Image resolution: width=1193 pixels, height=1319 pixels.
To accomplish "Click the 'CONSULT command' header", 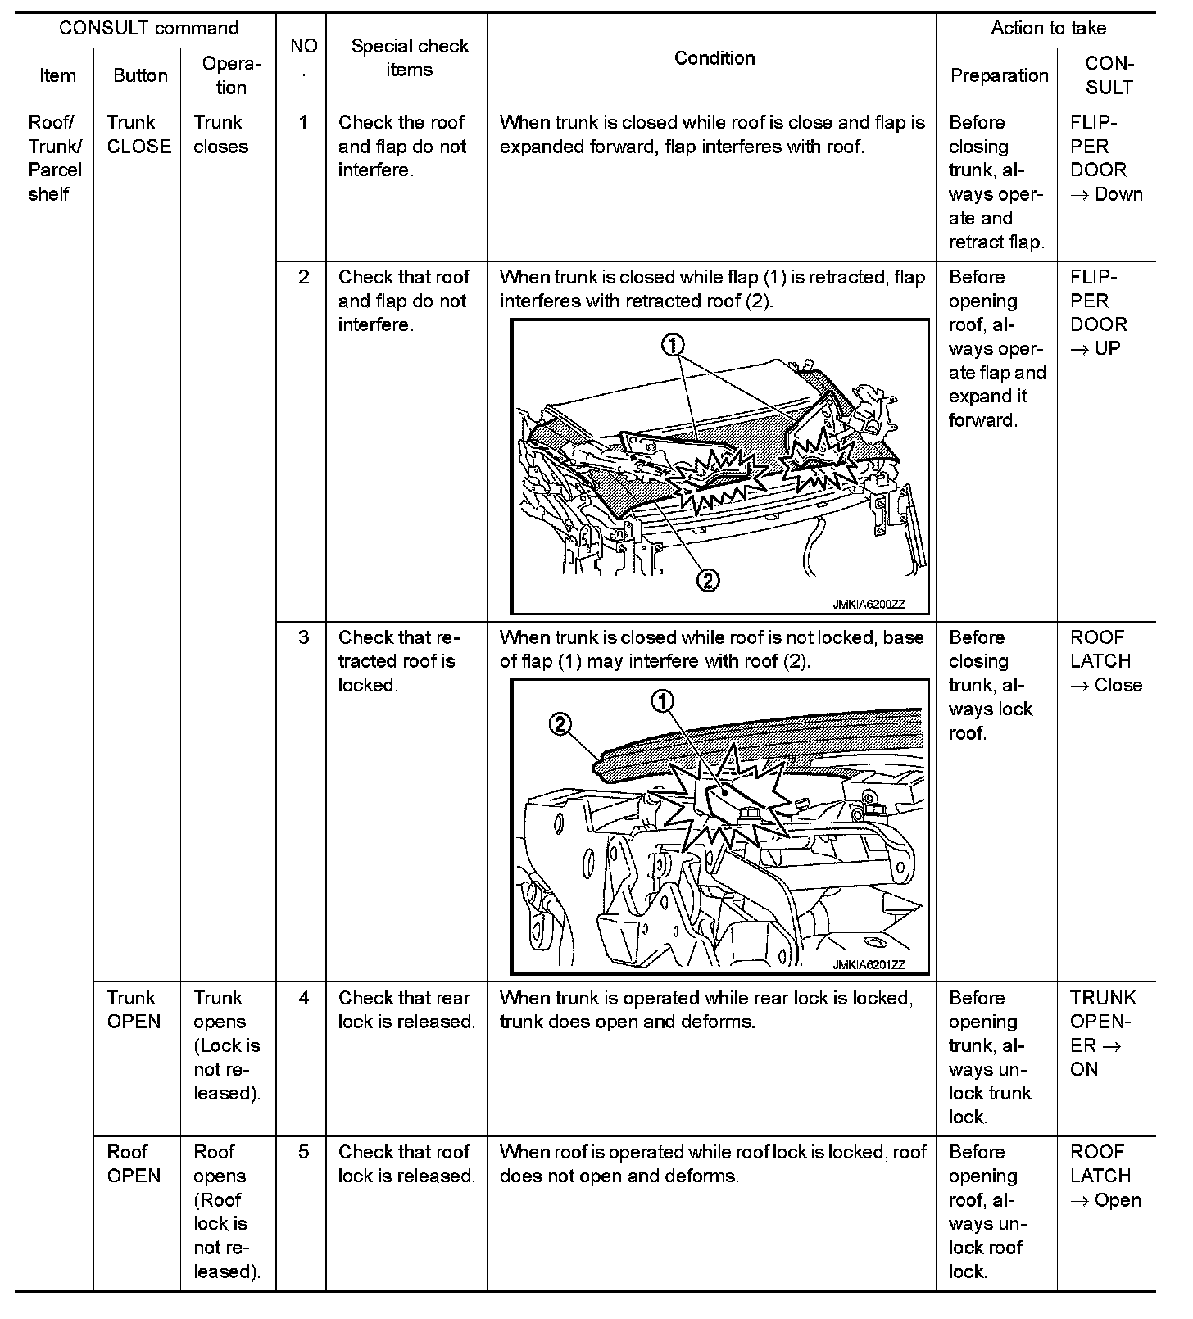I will (x=148, y=29).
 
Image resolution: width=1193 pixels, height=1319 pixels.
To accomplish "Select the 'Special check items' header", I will (x=409, y=57).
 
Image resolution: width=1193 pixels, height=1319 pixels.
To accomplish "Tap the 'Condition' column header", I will (x=714, y=58).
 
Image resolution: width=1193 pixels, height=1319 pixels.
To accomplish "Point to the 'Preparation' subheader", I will (x=999, y=75).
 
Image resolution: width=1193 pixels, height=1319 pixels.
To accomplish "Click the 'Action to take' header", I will (x=1048, y=29).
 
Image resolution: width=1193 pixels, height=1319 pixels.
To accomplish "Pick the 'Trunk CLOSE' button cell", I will (x=138, y=134).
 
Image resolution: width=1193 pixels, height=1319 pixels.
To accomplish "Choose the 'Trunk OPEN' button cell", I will (x=134, y=1009).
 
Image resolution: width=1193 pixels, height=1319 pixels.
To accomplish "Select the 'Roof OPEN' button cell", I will (x=134, y=1163).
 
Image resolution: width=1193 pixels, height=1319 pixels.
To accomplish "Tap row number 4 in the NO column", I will (x=303, y=998).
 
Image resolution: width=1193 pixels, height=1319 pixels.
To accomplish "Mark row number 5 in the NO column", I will (x=303, y=1152).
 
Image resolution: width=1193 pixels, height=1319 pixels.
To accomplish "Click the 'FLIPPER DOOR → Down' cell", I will (x=1105, y=158).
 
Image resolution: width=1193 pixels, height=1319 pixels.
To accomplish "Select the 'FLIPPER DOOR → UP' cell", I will (x=1099, y=313).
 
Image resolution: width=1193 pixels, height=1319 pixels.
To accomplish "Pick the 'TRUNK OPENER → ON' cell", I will (x=1102, y=1033).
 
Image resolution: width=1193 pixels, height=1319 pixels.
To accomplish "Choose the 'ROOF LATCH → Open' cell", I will (x=1105, y=1176).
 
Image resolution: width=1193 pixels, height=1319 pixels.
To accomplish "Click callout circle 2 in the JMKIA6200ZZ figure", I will (x=707, y=581).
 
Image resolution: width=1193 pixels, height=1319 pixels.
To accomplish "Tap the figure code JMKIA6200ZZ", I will (x=869, y=605).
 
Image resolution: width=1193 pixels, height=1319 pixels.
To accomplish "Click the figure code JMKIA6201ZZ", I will (x=869, y=965).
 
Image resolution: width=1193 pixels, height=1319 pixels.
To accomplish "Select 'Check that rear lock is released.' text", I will (x=406, y=1009).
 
